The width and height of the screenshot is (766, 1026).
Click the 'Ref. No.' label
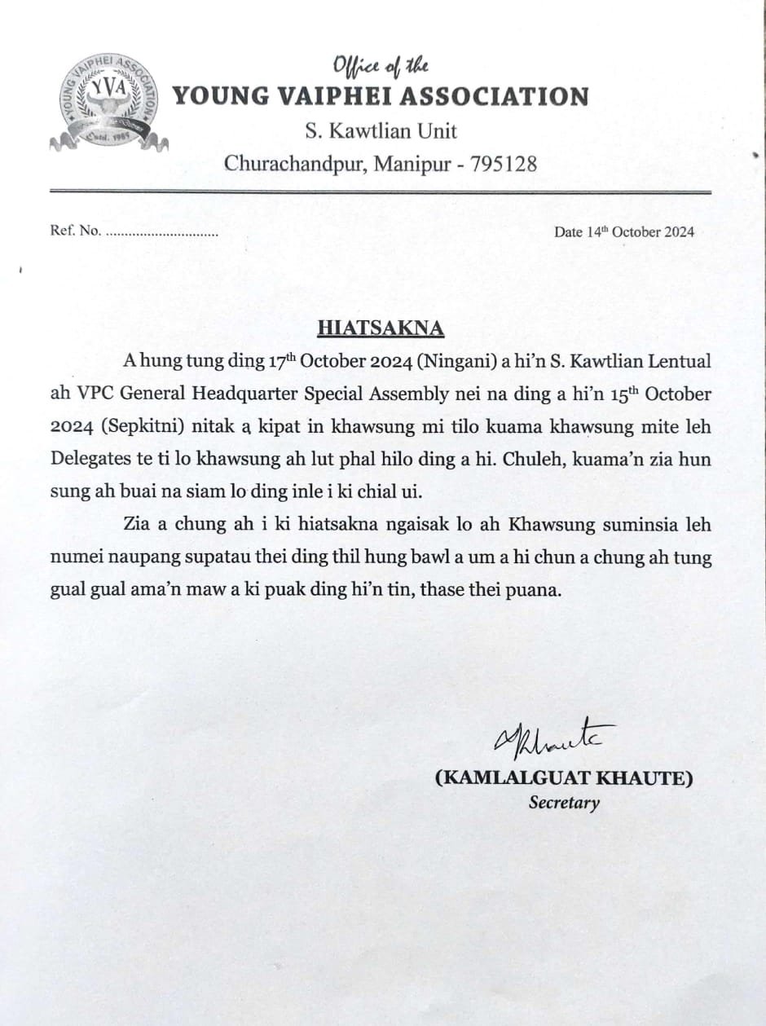click(75, 231)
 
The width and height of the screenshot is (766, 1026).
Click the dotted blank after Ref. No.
click(162, 232)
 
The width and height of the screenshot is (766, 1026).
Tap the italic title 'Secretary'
click(564, 803)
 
